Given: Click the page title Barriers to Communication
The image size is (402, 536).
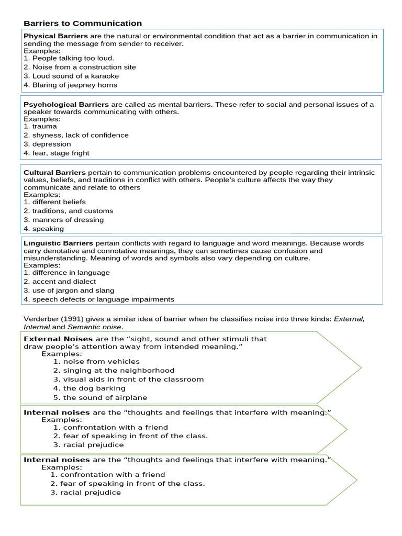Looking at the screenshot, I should coord(83,24).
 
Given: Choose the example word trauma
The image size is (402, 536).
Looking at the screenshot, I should coord(44,126).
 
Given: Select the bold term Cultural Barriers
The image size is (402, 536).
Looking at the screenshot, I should coord(54,172).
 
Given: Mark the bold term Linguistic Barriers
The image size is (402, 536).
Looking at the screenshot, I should coord(58,243).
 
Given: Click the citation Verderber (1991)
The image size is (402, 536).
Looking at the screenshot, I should coord(54,319).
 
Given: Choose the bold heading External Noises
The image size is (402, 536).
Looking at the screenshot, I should coord(58,339).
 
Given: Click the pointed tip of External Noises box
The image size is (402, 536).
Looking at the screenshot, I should coord(360,368).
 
